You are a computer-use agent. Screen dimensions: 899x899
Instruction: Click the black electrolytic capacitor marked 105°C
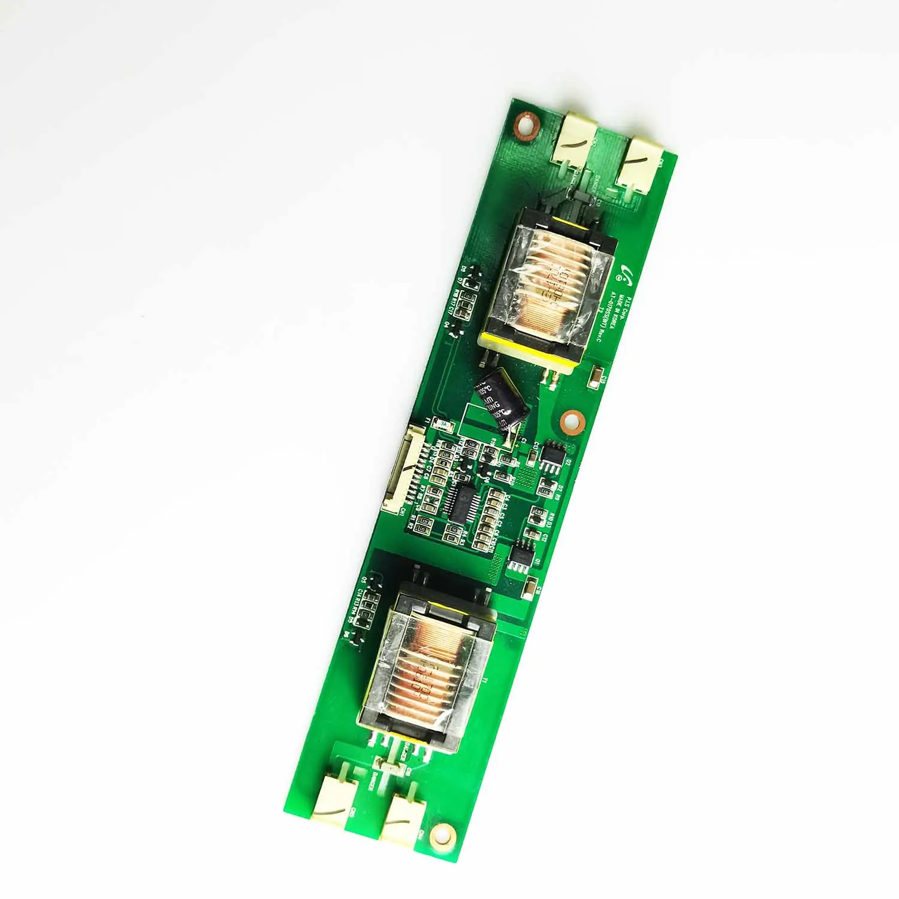click(x=502, y=399)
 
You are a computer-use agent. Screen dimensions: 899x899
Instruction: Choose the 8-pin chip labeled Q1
click(x=520, y=556)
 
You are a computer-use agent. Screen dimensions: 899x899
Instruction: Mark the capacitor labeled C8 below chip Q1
click(x=530, y=588)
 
